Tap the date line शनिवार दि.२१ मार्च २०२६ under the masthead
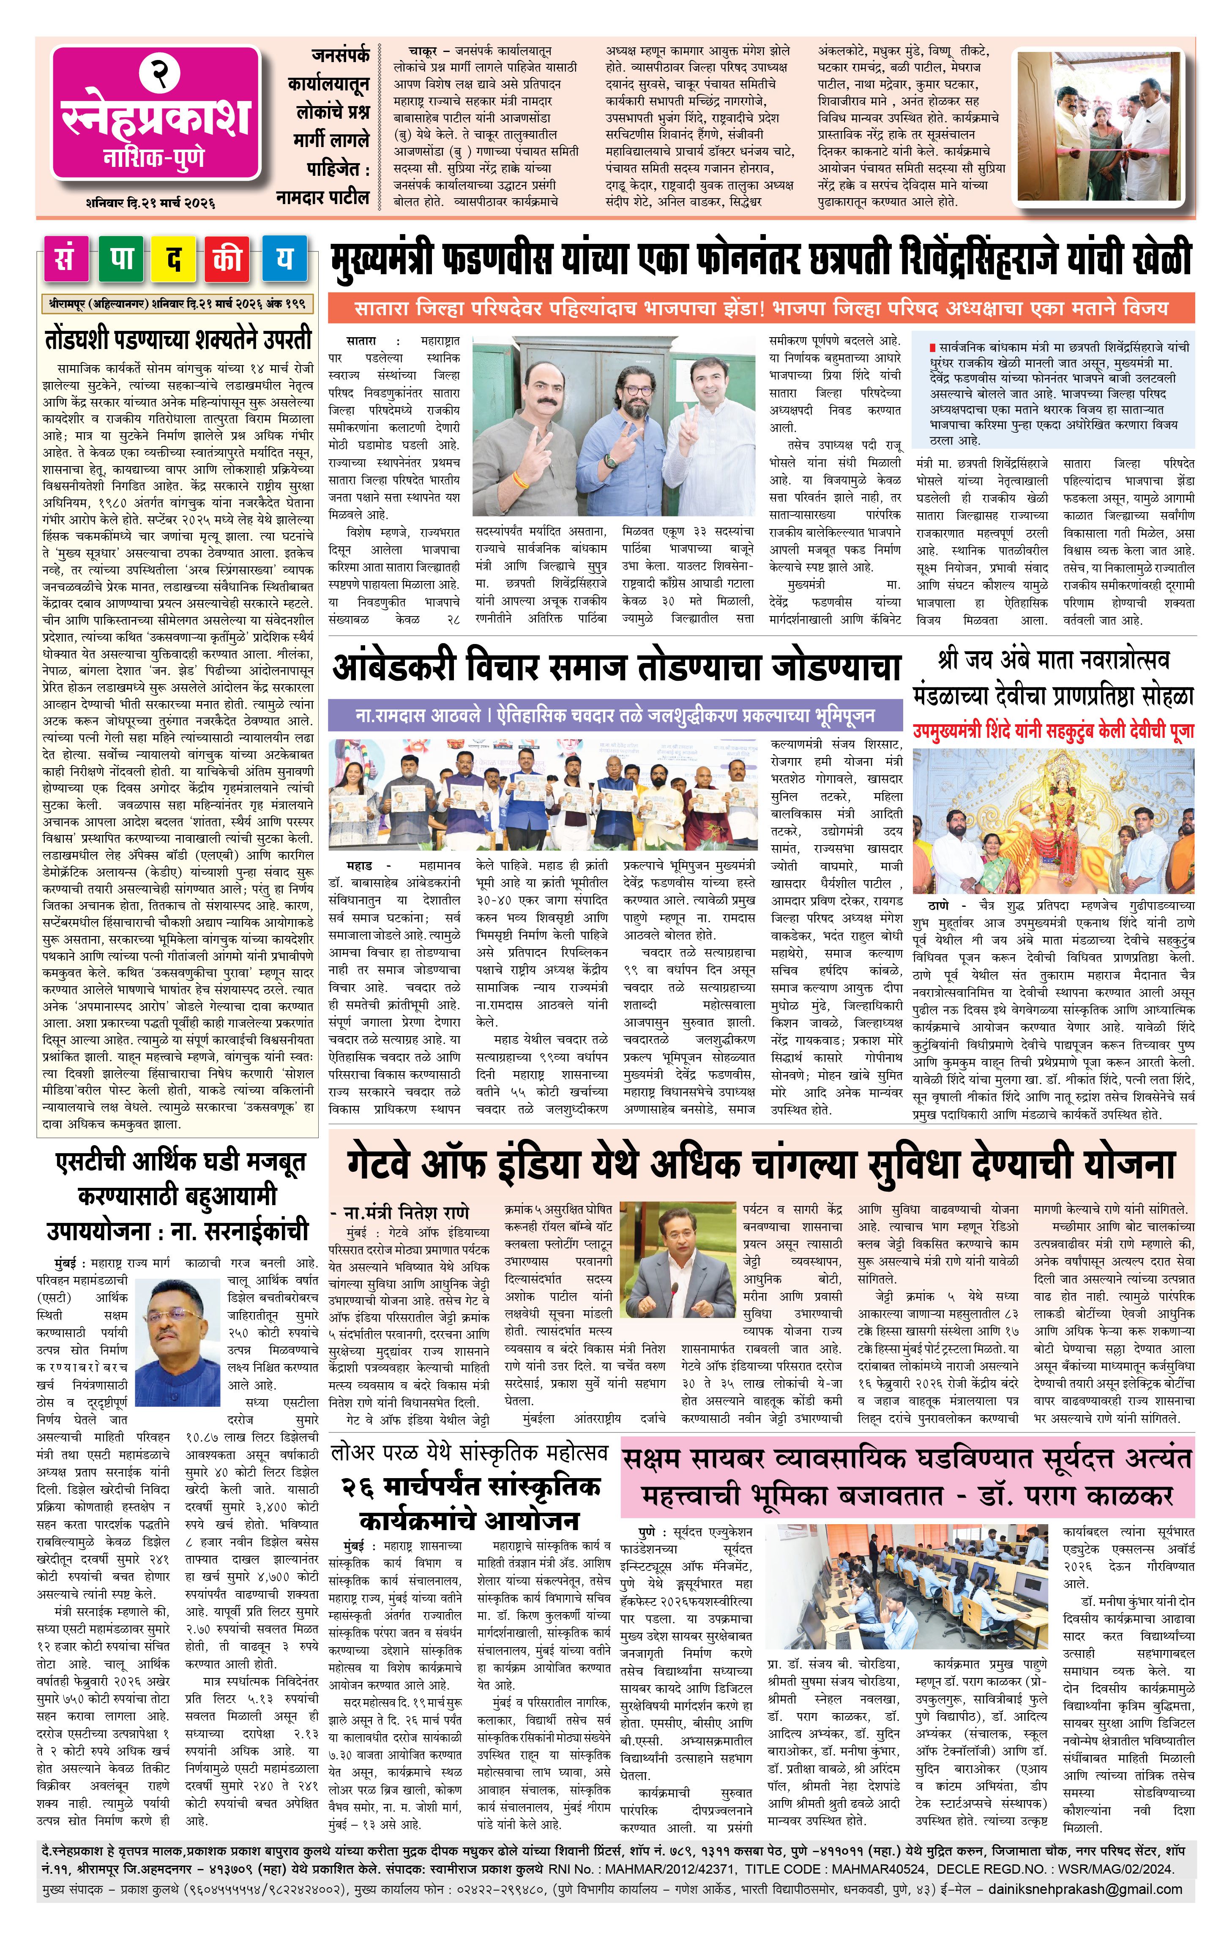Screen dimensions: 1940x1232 (x=151, y=202)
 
